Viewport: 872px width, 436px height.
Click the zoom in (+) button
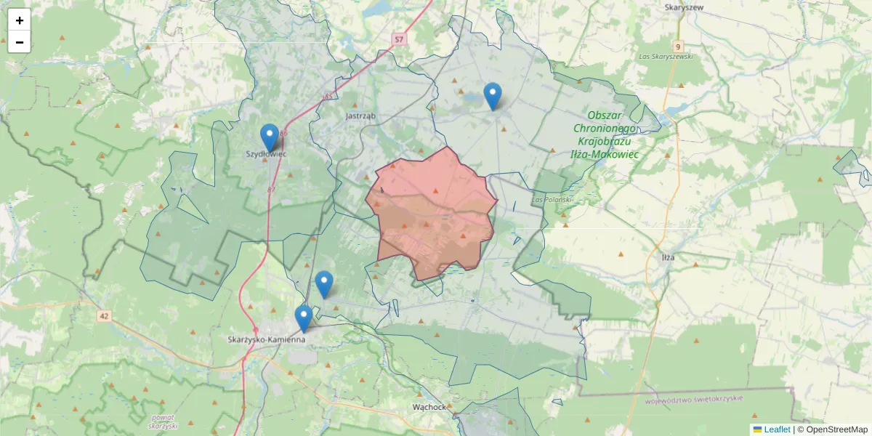click(20, 20)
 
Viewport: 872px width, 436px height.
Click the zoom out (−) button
click(20, 42)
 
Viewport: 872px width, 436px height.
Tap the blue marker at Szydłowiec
click(270, 137)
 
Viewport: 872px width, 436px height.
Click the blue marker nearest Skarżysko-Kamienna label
click(304, 318)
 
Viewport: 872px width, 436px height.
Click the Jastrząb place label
click(360, 116)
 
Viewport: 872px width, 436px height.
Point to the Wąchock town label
click(428, 407)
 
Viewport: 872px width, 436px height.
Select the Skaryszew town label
click(684, 7)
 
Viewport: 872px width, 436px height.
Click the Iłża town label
click(660, 257)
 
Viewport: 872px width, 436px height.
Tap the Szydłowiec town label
click(266, 154)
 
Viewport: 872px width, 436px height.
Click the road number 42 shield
click(105, 316)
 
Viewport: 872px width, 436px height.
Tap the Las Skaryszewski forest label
click(665, 56)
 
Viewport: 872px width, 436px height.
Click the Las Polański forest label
click(552, 198)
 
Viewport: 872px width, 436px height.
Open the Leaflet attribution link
click(776, 429)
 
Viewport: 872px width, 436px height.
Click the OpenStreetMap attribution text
click(836, 429)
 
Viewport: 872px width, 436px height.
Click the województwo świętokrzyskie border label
click(693, 400)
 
